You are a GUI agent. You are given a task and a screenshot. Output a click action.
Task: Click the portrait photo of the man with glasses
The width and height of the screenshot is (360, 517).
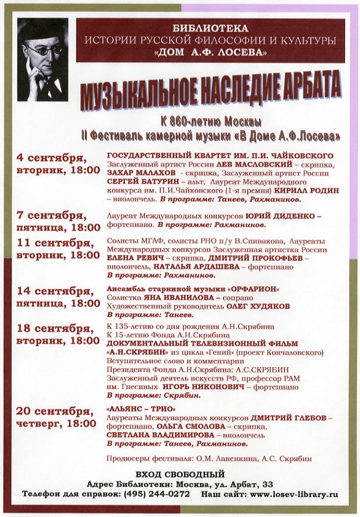[x=42, y=59]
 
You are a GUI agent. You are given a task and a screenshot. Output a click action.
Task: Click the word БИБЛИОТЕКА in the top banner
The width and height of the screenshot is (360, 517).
[x=211, y=28]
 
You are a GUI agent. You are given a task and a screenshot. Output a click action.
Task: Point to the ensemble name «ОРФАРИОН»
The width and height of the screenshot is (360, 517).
[x=254, y=288]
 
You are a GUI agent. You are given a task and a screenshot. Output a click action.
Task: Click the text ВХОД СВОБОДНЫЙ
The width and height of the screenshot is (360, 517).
[x=180, y=474]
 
